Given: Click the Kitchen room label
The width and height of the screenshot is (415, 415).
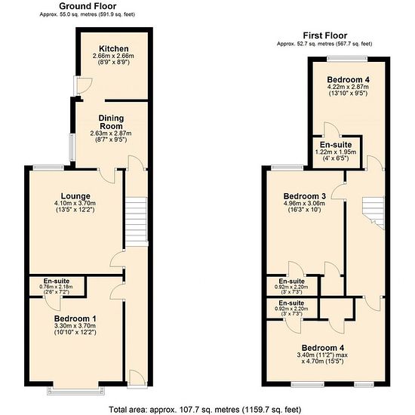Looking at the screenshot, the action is click(x=114, y=49).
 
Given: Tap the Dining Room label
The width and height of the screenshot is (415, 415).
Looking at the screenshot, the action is click(x=111, y=122).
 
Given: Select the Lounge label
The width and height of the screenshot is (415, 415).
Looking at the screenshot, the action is click(x=75, y=196).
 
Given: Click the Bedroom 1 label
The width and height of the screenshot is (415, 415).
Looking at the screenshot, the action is click(x=75, y=318).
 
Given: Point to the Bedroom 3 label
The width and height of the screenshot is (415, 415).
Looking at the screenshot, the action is click(x=305, y=196).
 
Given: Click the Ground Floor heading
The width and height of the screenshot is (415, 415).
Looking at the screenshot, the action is click(x=88, y=6).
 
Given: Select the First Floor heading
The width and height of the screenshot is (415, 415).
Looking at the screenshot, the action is click(x=325, y=35).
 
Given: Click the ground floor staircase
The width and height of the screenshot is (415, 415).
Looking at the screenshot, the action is click(x=136, y=222).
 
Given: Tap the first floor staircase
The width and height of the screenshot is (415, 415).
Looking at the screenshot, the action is click(x=373, y=213).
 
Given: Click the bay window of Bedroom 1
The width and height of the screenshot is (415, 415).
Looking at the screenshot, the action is click(x=75, y=391).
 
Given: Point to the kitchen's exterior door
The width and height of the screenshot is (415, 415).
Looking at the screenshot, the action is click(x=82, y=86).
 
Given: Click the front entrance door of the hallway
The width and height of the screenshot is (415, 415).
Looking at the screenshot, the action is click(x=137, y=379).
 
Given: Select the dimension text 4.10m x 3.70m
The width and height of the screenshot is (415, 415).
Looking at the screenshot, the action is click(x=75, y=203).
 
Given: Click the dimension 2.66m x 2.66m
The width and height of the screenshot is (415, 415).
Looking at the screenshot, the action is click(x=113, y=56).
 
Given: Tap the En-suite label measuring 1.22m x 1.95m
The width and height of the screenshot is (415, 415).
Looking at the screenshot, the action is click(x=336, y=145).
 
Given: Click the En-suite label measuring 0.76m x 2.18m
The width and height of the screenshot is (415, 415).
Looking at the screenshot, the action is click(x=57, y=281).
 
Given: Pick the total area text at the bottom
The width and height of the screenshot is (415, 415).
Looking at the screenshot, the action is click(x=205, y=410).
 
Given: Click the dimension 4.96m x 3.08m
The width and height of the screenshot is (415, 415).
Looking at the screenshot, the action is click(x=304, y=204).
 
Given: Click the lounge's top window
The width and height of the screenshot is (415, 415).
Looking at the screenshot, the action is click(x=48, y=168).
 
